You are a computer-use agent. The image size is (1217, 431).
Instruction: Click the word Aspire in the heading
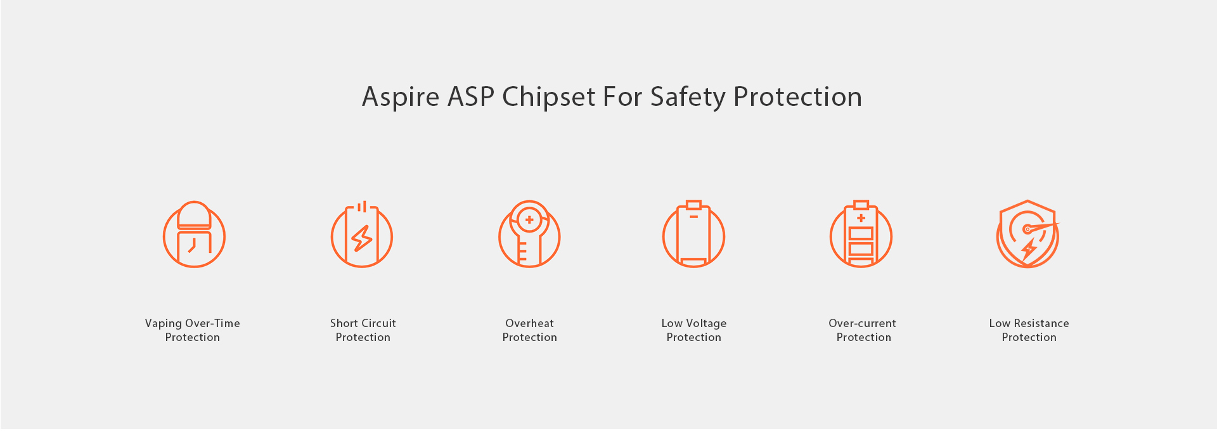click(x=401, y=97)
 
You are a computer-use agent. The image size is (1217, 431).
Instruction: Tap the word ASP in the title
click(x=471, y=97)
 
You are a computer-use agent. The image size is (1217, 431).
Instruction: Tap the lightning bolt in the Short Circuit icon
click(x=362, y=238)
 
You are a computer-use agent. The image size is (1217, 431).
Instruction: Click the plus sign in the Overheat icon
click(x=529, y=220)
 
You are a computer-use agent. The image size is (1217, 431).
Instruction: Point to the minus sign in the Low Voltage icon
click(x=694, y=217)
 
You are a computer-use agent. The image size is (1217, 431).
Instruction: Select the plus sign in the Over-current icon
click(x=861, y=218)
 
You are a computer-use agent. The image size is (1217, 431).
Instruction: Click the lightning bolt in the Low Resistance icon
click(x=1029, y=249)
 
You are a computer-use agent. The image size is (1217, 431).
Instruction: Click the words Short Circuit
click(x=363, y=323)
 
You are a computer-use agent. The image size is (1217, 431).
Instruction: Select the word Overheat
click(x=530, y=323)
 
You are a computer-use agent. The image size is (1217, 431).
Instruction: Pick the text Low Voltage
click(x=694, y=324)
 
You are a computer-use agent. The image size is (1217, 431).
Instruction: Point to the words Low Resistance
click(x=1029, y=323)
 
